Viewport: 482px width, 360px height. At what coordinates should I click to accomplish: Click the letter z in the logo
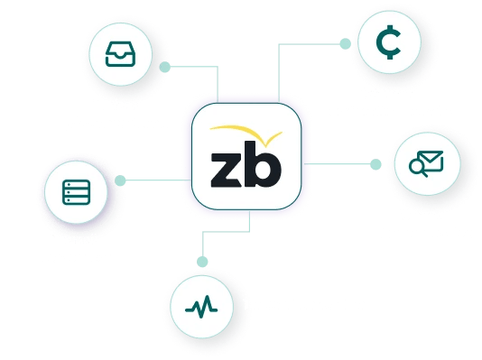(225, 169)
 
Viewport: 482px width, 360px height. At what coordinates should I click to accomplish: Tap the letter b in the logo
(263, 162)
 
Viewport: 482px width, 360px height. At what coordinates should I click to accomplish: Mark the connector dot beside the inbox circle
(164, 67)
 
